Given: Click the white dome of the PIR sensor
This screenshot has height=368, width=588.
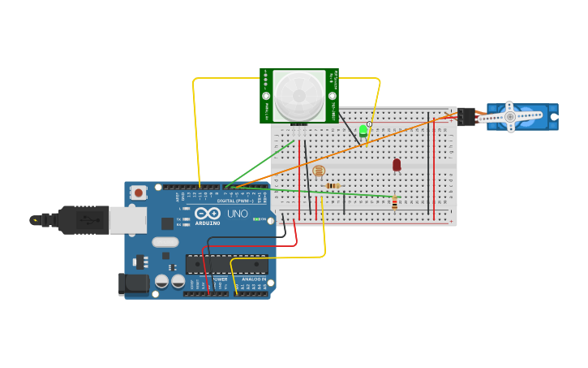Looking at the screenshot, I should [298, 96].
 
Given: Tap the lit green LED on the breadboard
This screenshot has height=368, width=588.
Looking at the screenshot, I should [363, 130].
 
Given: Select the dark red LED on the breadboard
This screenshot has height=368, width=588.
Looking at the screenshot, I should [397, 165].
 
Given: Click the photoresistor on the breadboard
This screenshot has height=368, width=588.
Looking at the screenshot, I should [318, 171].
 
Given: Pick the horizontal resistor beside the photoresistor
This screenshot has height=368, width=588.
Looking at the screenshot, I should [333, 186].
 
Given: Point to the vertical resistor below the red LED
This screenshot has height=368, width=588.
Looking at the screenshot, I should [394, 203].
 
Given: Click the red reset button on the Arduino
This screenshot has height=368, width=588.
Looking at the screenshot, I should [139, 193].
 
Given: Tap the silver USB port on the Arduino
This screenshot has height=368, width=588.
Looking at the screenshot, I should [127, 219].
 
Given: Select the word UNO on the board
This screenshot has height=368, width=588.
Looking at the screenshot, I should [237, 214].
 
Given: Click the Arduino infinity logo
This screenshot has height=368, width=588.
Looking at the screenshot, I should [207, 214].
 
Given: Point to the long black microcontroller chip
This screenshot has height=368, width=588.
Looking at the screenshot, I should [226, 264].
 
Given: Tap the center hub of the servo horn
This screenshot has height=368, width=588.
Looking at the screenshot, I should [510, 117].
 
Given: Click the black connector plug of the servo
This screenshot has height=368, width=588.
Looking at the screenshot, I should [466, 117].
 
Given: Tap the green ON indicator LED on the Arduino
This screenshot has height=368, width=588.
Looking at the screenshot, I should [256, 219].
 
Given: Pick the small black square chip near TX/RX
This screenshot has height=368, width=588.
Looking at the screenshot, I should [167, 223].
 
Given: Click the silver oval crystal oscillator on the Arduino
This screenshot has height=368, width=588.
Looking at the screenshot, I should [165, 241].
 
